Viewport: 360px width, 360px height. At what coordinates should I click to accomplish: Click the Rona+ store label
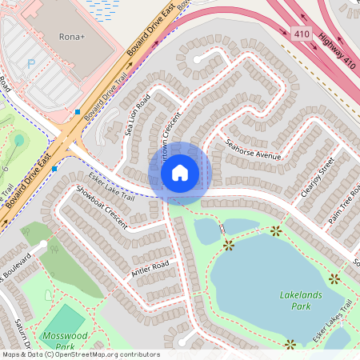point(73,37)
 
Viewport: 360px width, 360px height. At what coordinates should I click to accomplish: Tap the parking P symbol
point(31,63)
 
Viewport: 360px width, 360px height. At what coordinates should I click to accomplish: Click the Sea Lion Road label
point(138,115)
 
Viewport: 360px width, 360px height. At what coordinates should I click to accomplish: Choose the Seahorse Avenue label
point(253,150)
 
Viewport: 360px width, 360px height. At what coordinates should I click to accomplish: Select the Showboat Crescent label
point(102,207)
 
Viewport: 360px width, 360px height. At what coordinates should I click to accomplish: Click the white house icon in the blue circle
point(180,171)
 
